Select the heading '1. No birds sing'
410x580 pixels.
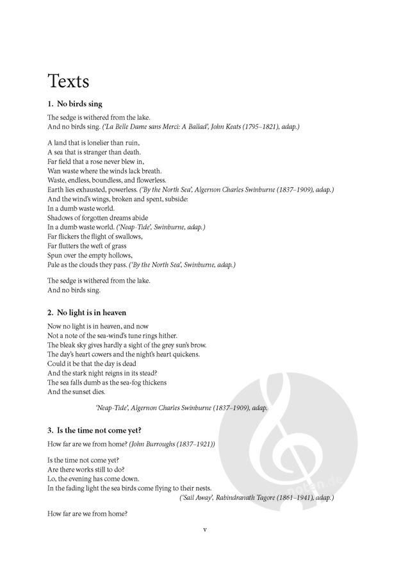(x=75, y=104)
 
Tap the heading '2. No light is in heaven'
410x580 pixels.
(x=86, y=313)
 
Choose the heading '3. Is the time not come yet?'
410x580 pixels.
(x=95, y=429)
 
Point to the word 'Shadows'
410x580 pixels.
(x=62, y=218)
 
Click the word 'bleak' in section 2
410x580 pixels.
(x=69, y=345)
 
